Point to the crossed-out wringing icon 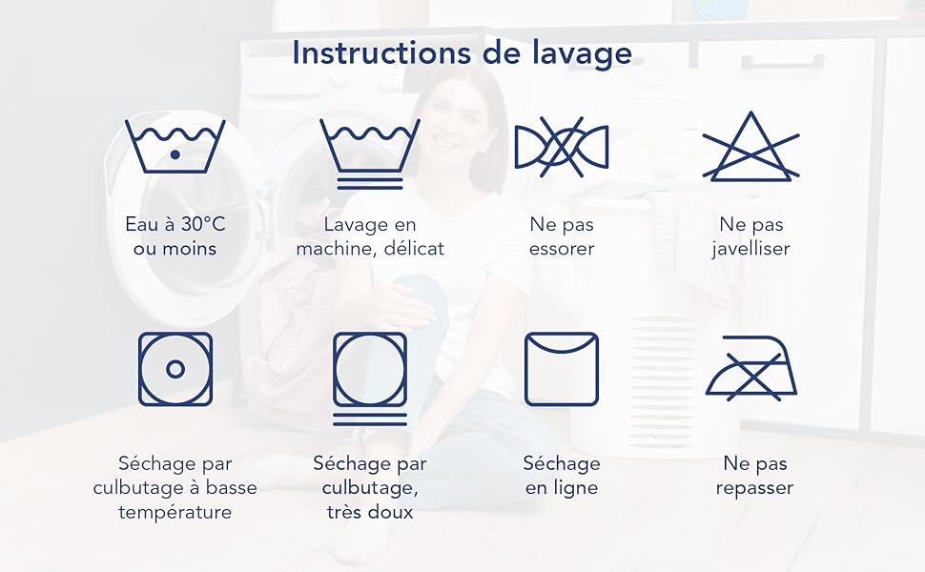point(561,147)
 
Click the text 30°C point(203,224)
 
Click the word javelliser point(750,248)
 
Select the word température point(175,511)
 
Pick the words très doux point(370,511)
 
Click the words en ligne point(561,488)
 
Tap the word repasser point(754,488)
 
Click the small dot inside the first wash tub point(175,154)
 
